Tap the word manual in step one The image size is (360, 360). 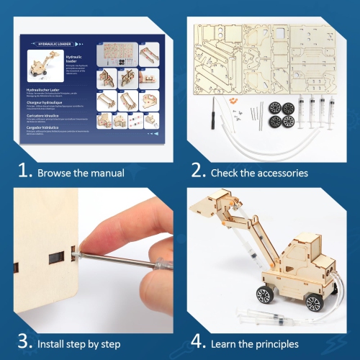click(107, 173)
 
